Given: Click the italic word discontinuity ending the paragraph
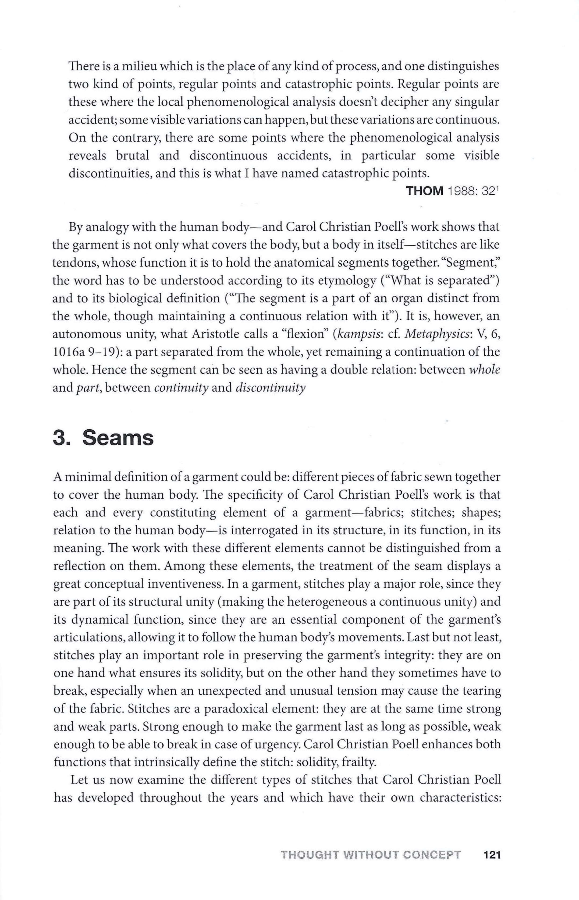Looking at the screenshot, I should click(x=270, y=388).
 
